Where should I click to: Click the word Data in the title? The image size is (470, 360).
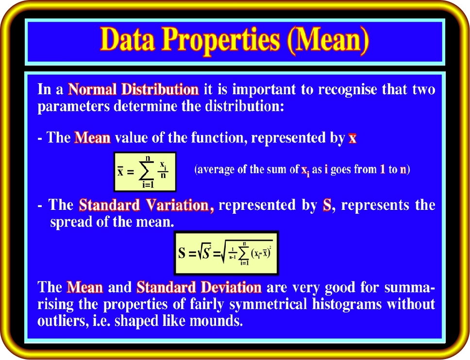tap(127, 39)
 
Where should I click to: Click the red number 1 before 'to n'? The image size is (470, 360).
tap(382, 170)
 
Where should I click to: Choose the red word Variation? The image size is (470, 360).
tap(180, 206)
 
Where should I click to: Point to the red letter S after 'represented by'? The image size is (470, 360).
tap(327, 205)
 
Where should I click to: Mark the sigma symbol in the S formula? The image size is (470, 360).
tap(244, 254)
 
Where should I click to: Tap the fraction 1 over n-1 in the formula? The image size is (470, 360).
tap(232, 253)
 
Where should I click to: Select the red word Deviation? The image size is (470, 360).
tap(231, 288)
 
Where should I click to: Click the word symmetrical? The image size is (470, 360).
tap(268, 305)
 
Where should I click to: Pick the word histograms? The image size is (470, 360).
tap(347, 305)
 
